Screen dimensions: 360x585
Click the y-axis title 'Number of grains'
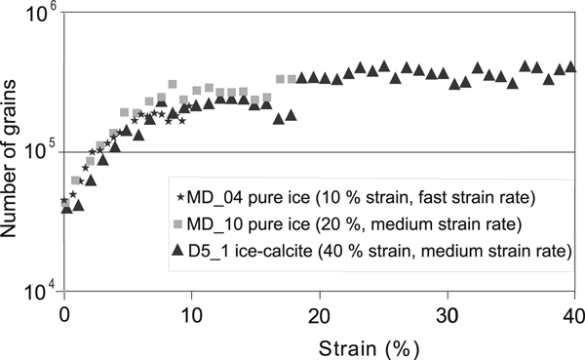click(16, 151)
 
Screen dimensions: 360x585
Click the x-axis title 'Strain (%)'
click(319, 346)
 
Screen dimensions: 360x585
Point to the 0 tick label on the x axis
click(64, 314)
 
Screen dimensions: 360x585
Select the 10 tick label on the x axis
click(191, 314)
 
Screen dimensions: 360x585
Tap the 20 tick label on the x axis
click(319, 314)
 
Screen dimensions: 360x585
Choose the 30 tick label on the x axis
click(446, 314)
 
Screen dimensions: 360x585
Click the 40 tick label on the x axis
click(571, 314)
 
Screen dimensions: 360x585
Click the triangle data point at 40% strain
click(571, 67)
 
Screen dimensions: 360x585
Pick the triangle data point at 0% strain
click(66, 207)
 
